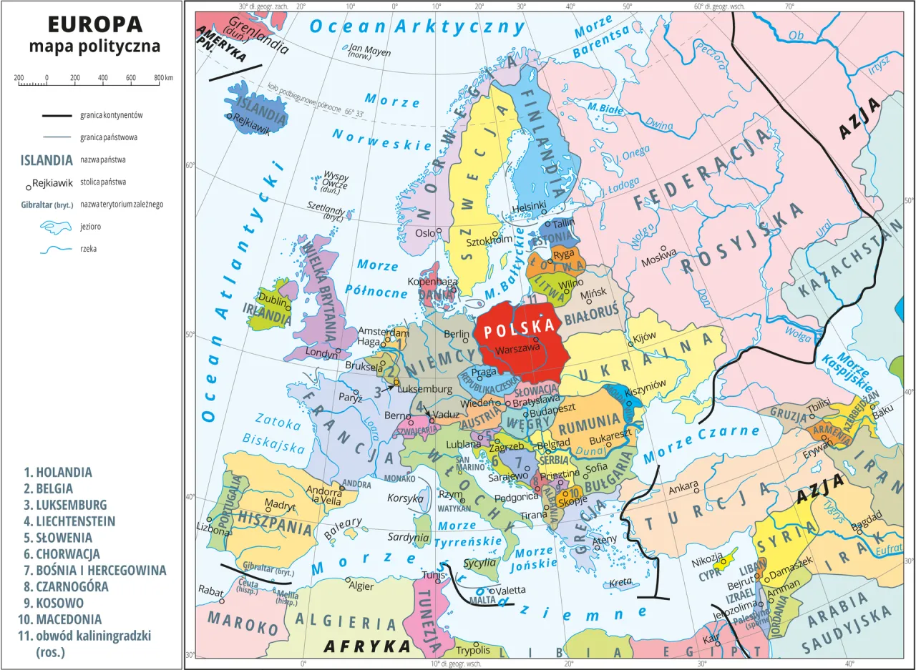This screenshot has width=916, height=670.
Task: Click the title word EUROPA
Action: pyautogui.click(x=95, y=24)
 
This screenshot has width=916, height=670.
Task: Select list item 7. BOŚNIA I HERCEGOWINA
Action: pyautogui.click(x=94, y=570)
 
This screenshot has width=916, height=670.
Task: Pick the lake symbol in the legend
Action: pyautogui.click(x=57, y=227)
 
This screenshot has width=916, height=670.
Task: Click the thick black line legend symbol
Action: pyautogui.click(x=57, y=115)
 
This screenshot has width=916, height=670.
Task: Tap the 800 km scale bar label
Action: pyautogui.click(x=164, y=77)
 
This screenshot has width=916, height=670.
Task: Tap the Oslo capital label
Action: pyautogui.click(x=424, y=233)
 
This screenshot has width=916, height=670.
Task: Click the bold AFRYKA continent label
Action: pyautogui.click(x=367, y=646)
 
